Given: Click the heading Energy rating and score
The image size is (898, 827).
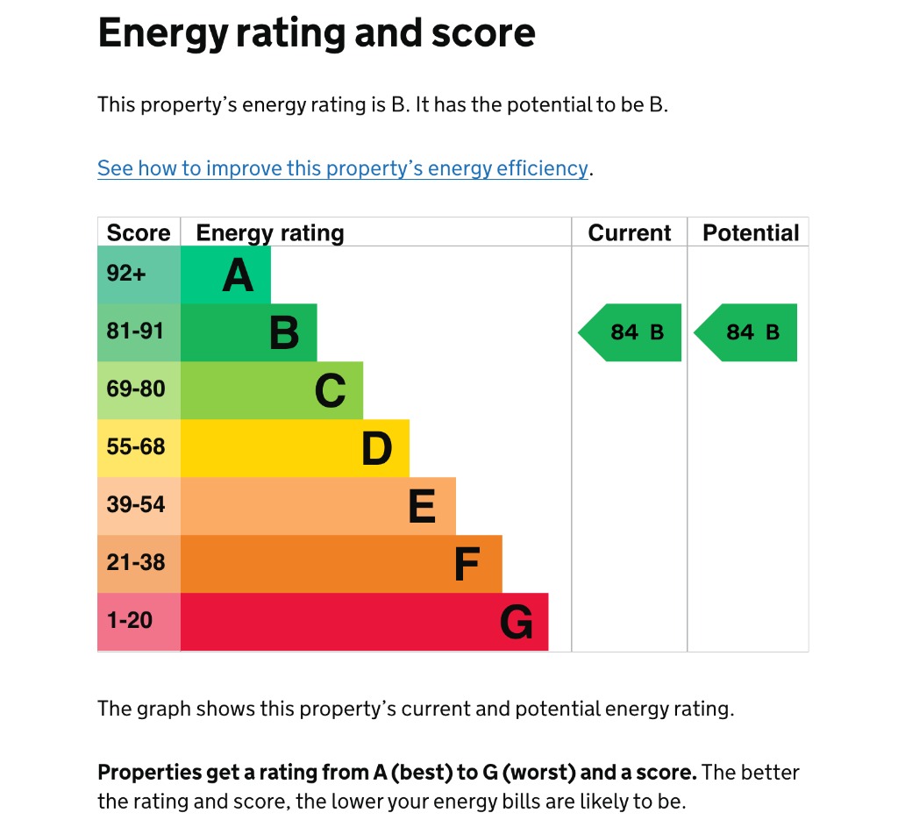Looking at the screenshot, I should [316, 33].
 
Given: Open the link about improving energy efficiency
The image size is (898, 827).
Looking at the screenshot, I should [342, 168].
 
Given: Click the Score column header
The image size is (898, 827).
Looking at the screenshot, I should [139, 232].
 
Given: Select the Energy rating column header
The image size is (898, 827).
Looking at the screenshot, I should [270, 232].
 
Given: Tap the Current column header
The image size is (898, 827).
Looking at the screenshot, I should [629, 232].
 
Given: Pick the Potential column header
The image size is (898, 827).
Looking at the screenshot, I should [751, 232].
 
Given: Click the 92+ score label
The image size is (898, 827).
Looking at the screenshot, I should [126, 274].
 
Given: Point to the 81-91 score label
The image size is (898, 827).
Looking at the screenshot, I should [135, 332].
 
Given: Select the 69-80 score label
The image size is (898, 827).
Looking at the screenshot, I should [136, 389].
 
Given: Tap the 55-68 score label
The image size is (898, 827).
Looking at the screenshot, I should [136, 446].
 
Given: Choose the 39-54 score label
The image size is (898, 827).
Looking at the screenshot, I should [136, 504].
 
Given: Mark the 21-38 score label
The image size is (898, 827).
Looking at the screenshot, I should [136, 562].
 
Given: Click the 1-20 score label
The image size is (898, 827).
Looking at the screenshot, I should [129, 620].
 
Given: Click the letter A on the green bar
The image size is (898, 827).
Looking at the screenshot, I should [238, 275].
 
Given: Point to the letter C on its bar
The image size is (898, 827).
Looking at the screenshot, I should [330, 391].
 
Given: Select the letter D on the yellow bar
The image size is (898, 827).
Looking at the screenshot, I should [376, 449].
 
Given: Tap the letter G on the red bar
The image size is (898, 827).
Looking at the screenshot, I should [516, 623].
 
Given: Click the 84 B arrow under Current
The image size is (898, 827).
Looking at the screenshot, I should [631, 332].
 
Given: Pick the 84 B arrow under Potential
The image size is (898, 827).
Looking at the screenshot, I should [747, 332].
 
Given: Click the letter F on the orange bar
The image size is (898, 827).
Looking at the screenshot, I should [467, 565].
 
